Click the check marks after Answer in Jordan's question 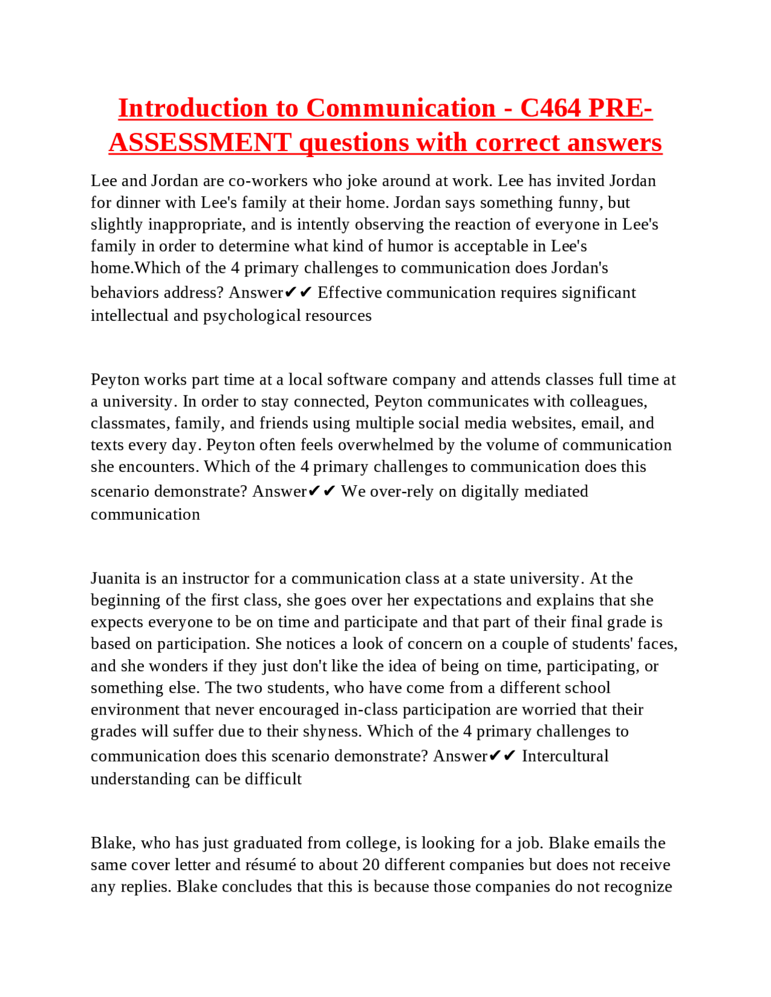pos(298,293)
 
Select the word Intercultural pos(564,756)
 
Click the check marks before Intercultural pos(502,756)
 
